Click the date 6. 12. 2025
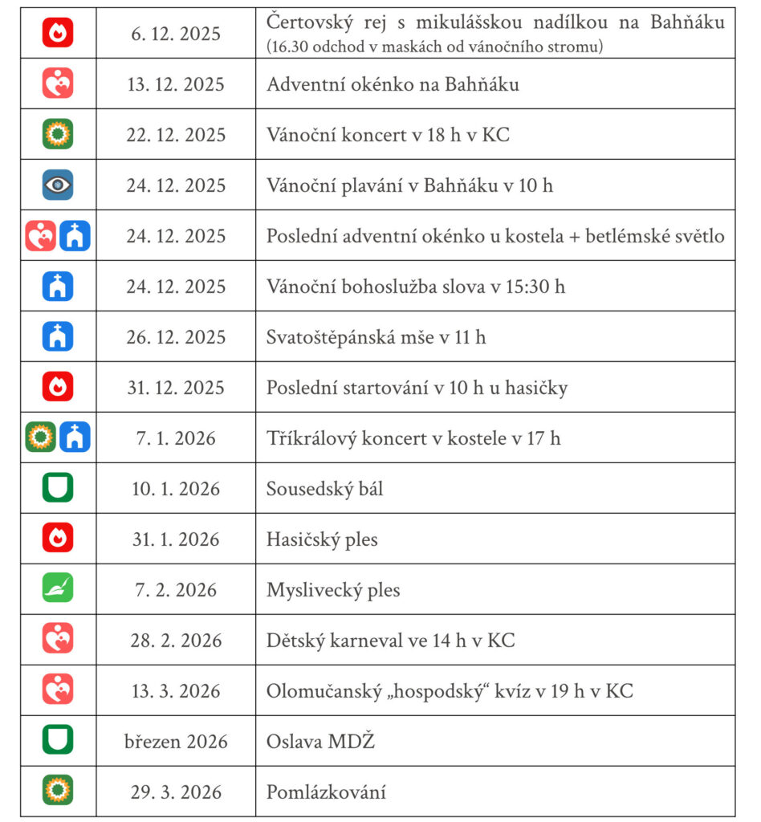[176, 34]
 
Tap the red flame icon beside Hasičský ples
[58, 539]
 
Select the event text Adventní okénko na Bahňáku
[393, 84]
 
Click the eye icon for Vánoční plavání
[58, 185]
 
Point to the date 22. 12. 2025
[176, 135]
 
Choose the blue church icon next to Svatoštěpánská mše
[58, 336]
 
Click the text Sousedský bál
[324, 488]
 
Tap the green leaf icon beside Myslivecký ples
[58, 589]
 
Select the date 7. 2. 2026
[176, 590]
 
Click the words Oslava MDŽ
[320, 742]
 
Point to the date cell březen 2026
[176, 742]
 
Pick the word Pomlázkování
[326, 792]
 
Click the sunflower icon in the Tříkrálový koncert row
[41, 437]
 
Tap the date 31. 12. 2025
[176, 388]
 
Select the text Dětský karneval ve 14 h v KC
[390, 641]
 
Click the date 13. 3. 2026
[176, 691]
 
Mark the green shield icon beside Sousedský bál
[58, 488]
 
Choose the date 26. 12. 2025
[176, 337]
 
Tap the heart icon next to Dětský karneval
[58, 640]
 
